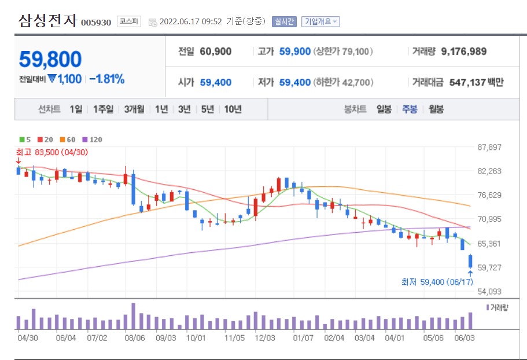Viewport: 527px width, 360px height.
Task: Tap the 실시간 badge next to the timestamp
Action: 284,21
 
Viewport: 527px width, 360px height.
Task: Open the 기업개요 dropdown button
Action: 320,21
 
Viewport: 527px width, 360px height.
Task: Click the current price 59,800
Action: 50,59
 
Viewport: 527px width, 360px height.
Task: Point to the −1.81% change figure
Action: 107,79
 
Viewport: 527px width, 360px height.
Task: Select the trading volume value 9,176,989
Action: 463,52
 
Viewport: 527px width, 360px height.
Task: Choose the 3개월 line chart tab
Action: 135,109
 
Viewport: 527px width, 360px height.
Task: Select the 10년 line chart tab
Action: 233,109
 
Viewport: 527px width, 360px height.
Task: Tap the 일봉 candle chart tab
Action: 384,109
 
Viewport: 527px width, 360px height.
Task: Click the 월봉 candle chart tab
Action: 436,109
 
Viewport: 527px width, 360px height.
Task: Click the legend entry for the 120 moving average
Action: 93,139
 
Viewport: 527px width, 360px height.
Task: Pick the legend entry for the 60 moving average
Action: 68,139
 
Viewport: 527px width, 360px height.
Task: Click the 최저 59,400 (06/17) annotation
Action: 437,282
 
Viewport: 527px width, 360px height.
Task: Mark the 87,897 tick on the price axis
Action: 489,147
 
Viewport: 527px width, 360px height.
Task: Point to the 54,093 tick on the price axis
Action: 489,292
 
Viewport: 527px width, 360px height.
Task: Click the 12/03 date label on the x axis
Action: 264,336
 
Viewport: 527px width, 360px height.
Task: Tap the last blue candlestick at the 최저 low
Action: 471,261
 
